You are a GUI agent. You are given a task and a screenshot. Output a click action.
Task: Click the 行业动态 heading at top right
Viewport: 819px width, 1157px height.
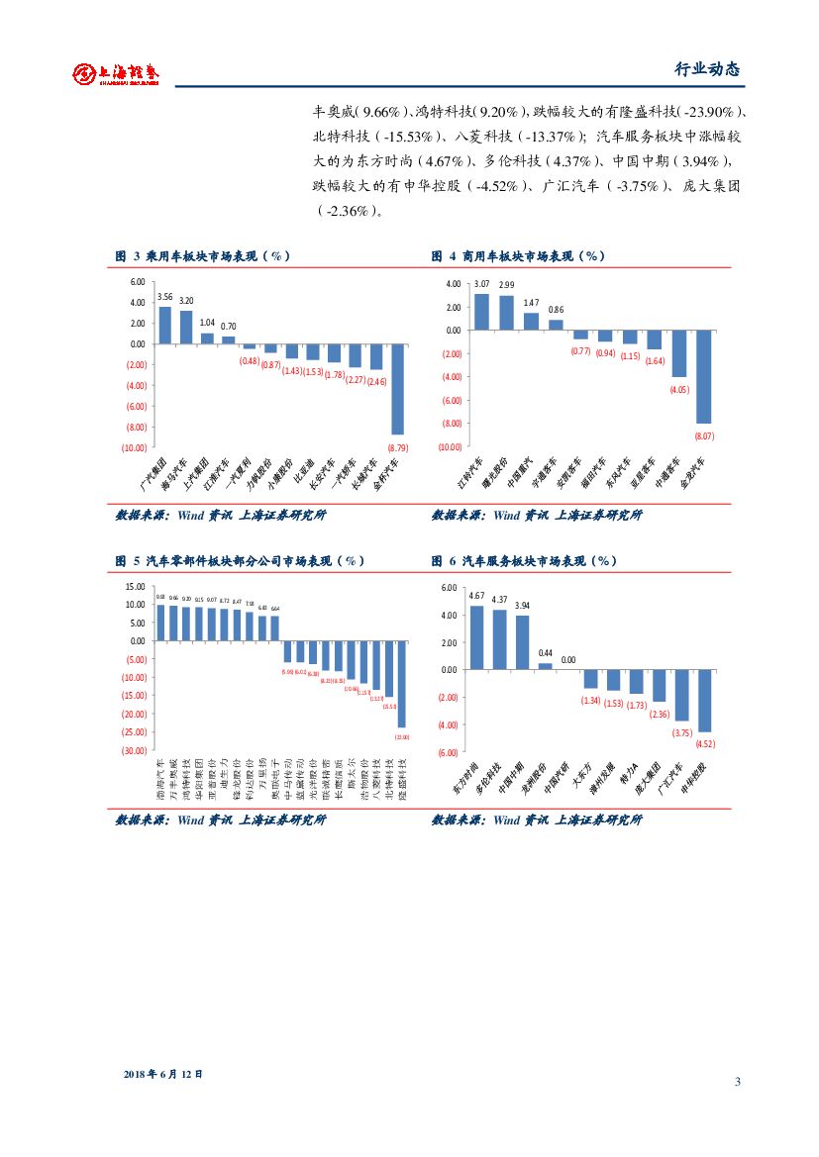(706, 70)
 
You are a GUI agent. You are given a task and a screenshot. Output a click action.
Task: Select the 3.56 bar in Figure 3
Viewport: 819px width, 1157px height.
(164, 325)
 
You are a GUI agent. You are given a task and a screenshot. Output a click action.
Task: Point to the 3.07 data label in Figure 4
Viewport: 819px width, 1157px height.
(482, 285)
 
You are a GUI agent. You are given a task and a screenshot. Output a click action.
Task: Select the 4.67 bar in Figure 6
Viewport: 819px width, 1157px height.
(476, 636)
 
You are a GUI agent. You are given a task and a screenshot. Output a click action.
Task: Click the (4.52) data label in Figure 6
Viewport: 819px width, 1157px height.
(706, 743)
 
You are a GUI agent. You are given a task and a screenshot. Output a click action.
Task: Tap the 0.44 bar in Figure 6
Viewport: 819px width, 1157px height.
(545, 665)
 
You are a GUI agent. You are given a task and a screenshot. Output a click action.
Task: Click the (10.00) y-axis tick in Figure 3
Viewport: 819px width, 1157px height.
(132, 447)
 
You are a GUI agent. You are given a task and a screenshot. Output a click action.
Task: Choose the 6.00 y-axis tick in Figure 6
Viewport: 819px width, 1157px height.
(446, 588)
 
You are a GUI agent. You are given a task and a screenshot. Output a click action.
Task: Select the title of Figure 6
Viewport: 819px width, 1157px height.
(524, 560)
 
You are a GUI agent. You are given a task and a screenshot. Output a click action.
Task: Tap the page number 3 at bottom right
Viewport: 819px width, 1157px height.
(738, 1081)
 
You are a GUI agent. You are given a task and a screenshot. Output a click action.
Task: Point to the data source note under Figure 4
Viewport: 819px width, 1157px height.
(537, 515)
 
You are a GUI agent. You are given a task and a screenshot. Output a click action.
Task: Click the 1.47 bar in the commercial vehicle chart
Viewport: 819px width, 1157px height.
(531, 321)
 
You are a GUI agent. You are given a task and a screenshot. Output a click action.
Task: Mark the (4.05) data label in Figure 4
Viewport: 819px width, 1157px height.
(678, 389)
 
